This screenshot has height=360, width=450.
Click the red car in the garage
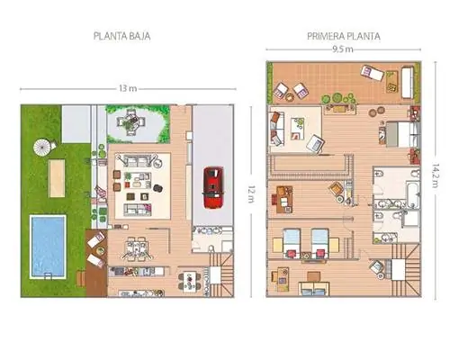(x=213, y=187)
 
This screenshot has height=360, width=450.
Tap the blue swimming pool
(x=48, y=247)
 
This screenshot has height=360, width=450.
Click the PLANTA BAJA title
(x=121, y=36)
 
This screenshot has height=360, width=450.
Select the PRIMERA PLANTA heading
(x=344, y=36)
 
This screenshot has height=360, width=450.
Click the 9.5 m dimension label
(x=343, y=49)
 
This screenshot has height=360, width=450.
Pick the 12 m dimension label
(x=251, y=193)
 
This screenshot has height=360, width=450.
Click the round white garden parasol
(x=42, y=147)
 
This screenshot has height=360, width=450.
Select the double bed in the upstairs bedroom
(x=403, y=134)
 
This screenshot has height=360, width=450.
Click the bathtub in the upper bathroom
(x=413, y=193)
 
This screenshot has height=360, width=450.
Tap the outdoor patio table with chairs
(x=130, y=121)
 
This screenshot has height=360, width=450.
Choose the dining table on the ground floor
(x=136, y=248)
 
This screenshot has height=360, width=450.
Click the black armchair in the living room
(x=158, y=188)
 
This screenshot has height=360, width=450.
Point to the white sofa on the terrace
(x=407, y=83)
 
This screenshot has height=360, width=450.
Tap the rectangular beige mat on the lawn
(x=57, y=178)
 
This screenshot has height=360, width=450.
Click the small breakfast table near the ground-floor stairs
(x=190, y=282)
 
